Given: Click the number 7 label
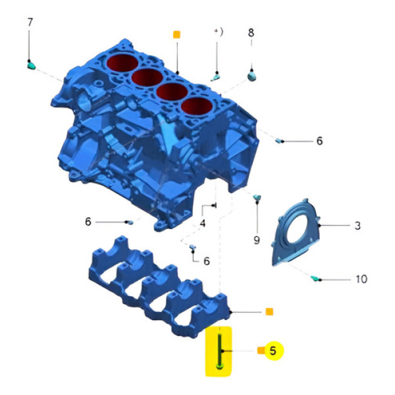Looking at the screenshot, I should click(x=30, y=22).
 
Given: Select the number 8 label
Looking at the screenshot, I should click(x=251, y=32).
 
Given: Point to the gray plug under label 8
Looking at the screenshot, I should click(x=251, y=77).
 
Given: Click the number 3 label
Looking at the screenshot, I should click(x=357, y=226).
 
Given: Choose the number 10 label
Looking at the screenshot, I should click(x=360, y=279).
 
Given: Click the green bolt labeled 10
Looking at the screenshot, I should click(x=316, y=278).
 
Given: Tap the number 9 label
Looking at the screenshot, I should click(x=257, y=240).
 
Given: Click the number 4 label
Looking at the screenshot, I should click(x=203, y=224).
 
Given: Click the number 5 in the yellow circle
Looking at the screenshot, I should click(x=273, y=350).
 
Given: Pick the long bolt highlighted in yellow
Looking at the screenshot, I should click(x=218, y=351).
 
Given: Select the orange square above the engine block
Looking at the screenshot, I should click(x=176, y=34).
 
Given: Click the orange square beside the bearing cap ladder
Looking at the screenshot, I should click(x=269, y=311).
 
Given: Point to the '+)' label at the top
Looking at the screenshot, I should click(x=219, y=32).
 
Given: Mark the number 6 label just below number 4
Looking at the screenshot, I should click(x=206, y=261).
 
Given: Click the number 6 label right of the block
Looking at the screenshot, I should click(x=319, y=141).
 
